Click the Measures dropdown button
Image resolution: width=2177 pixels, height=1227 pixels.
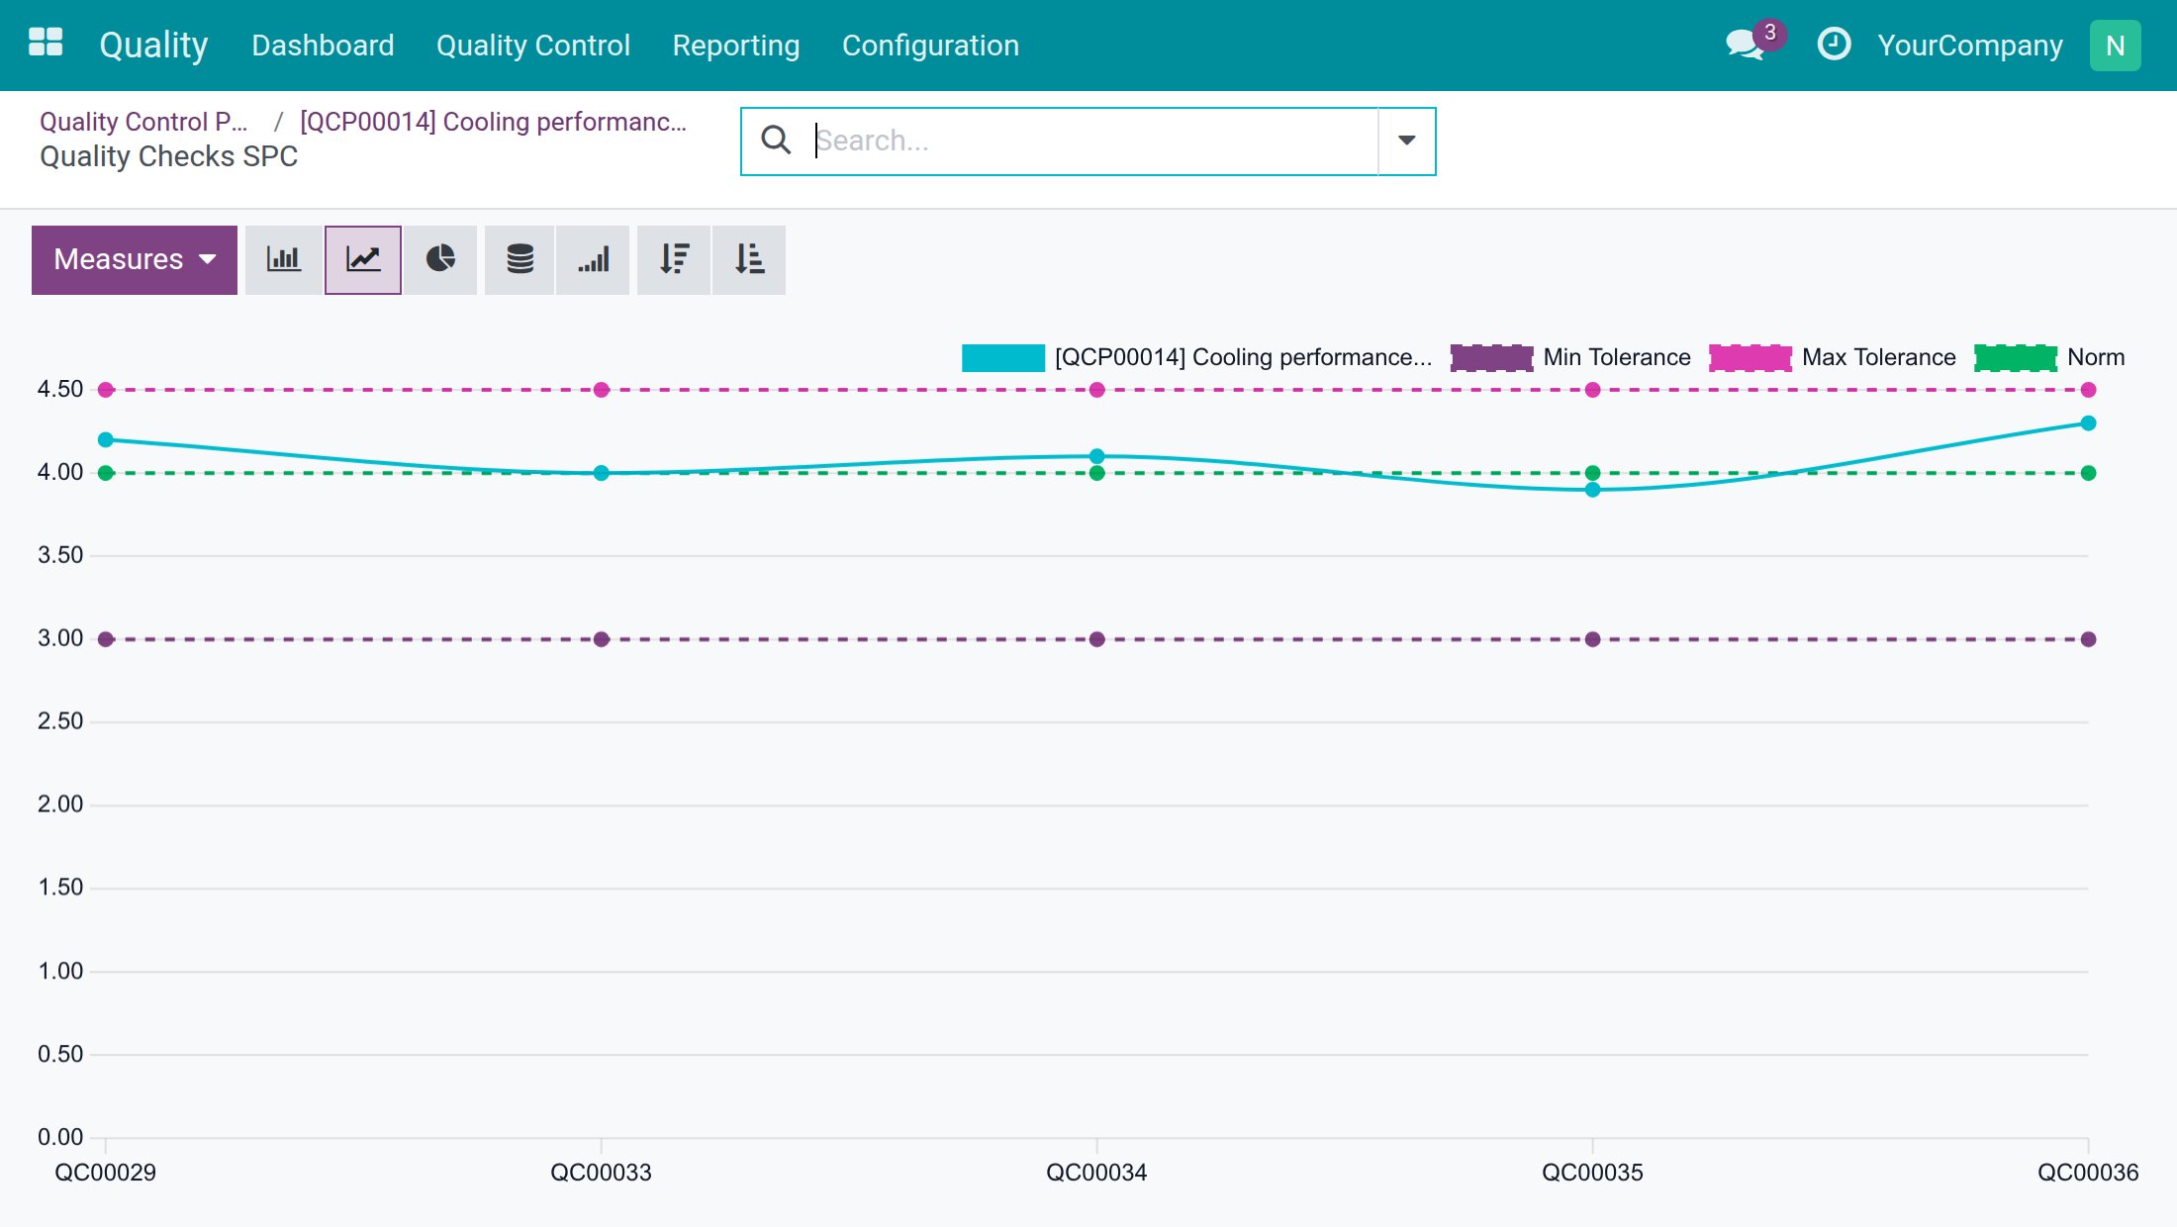[x=135, y=259]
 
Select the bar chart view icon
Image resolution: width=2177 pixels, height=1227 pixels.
[x=283, y=259]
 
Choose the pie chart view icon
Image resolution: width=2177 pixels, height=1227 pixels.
[x=440, y=259]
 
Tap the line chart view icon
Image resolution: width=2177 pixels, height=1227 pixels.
[x=363, y=259]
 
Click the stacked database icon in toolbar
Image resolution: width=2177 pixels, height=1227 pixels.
[x=520, y=259]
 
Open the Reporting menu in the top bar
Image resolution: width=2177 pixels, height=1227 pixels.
[x=736, y=46]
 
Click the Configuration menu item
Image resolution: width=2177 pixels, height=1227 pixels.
[x=930, y=46]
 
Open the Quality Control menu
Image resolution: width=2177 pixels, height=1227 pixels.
[x=533, y=46]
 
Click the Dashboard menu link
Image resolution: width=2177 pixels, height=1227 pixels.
[x=323, y=46]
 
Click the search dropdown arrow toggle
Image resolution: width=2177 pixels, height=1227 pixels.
[x=1406, y=141]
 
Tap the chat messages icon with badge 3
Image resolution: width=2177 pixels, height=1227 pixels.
[x=1746, y=45]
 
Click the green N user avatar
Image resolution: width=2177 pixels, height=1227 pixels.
[x=2116, y=46]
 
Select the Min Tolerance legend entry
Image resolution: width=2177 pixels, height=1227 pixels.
[x=1570, y=357]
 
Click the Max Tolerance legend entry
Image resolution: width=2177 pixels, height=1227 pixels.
[x=1833, y=357]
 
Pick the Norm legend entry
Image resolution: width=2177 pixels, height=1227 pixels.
[x=2049, y=357]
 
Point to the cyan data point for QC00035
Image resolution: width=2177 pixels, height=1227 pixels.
[x=1592, y=490]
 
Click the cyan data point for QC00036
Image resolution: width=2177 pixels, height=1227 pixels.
[x=2088, y=424]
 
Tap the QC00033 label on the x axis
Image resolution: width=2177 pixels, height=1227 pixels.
[x=601, y=1173]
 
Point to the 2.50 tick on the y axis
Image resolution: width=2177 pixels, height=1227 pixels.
[x=60, y=721]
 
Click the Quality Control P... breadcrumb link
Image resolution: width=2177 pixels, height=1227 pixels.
[x=143, y=122]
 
